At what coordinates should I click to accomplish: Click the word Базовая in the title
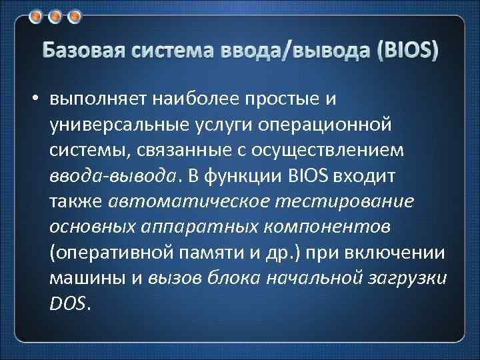pos(81,51)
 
